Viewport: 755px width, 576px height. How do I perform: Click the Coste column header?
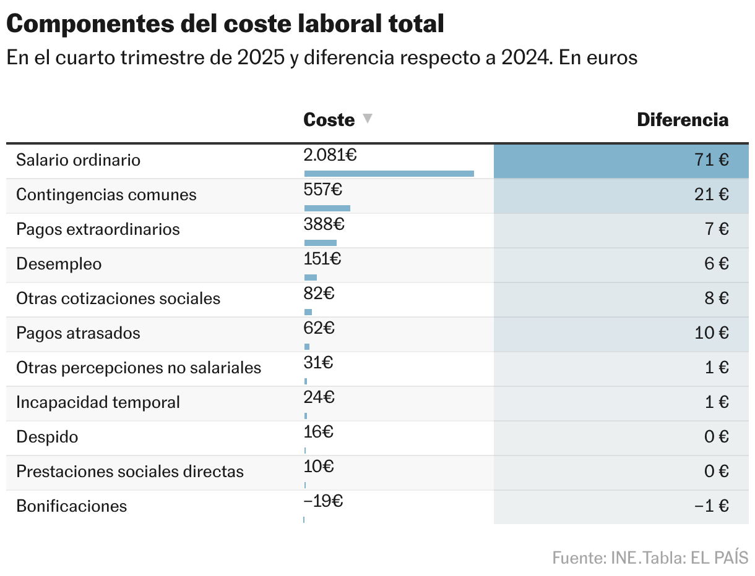point(329,120)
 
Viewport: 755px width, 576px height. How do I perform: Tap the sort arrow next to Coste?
point(368,119)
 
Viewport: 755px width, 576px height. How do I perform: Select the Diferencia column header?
point(683,120)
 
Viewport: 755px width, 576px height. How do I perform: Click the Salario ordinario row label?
point(78,160)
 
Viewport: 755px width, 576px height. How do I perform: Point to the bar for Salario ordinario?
point(389,174)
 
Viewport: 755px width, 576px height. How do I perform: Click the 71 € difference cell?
point(711,160)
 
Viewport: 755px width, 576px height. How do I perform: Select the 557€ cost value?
point(322,190)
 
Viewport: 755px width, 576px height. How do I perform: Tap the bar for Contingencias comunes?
point(327,208)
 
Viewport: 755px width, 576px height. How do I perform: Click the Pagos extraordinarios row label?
point(98,229)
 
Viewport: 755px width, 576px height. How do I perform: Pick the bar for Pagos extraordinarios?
point(320,243)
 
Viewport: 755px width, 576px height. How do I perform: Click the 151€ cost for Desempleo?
point(322,259)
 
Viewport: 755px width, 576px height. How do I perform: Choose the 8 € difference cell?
point(717,299)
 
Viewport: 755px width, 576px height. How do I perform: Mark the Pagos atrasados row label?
point(78,333)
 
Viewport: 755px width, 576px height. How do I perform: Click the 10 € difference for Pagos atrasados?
point(711,333)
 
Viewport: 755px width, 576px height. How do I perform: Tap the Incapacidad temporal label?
point(98,402)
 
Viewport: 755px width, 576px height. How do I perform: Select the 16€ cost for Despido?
point(319,432)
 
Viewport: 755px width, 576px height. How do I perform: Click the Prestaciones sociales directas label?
point(130,472)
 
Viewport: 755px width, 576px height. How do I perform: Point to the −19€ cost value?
point(323,501)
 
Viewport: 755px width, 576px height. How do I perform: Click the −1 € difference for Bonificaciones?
point(711,506)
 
